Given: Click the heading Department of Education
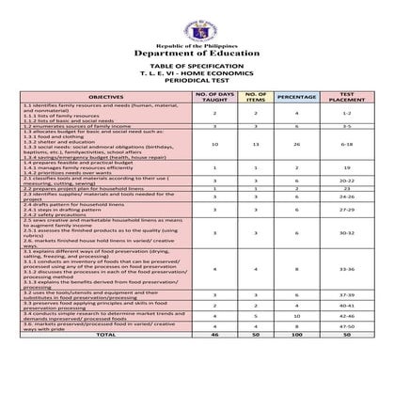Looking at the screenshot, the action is point(197,54).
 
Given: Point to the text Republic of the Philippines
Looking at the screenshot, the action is point(197,43).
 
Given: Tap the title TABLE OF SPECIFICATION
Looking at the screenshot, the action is point(197,67).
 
